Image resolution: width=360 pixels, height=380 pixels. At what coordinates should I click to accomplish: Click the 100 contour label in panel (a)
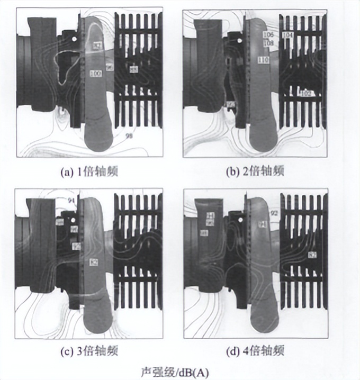click(96, 73)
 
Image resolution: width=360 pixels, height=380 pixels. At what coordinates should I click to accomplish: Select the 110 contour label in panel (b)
click(263, 60)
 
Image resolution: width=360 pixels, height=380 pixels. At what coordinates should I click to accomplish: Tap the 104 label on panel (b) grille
click(287, 35)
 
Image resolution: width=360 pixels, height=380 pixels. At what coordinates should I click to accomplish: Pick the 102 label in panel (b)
click(304, 94)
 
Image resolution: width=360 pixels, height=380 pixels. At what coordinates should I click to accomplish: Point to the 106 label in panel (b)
click(268, 35)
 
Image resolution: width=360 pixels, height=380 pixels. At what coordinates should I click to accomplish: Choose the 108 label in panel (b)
click(268, 42)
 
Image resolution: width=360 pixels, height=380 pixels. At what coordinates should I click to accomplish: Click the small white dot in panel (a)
click(74, 39)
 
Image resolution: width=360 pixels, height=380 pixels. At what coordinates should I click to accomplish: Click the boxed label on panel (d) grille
click(312, 255)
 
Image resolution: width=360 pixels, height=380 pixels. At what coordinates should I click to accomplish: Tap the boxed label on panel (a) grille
click(134, 69)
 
